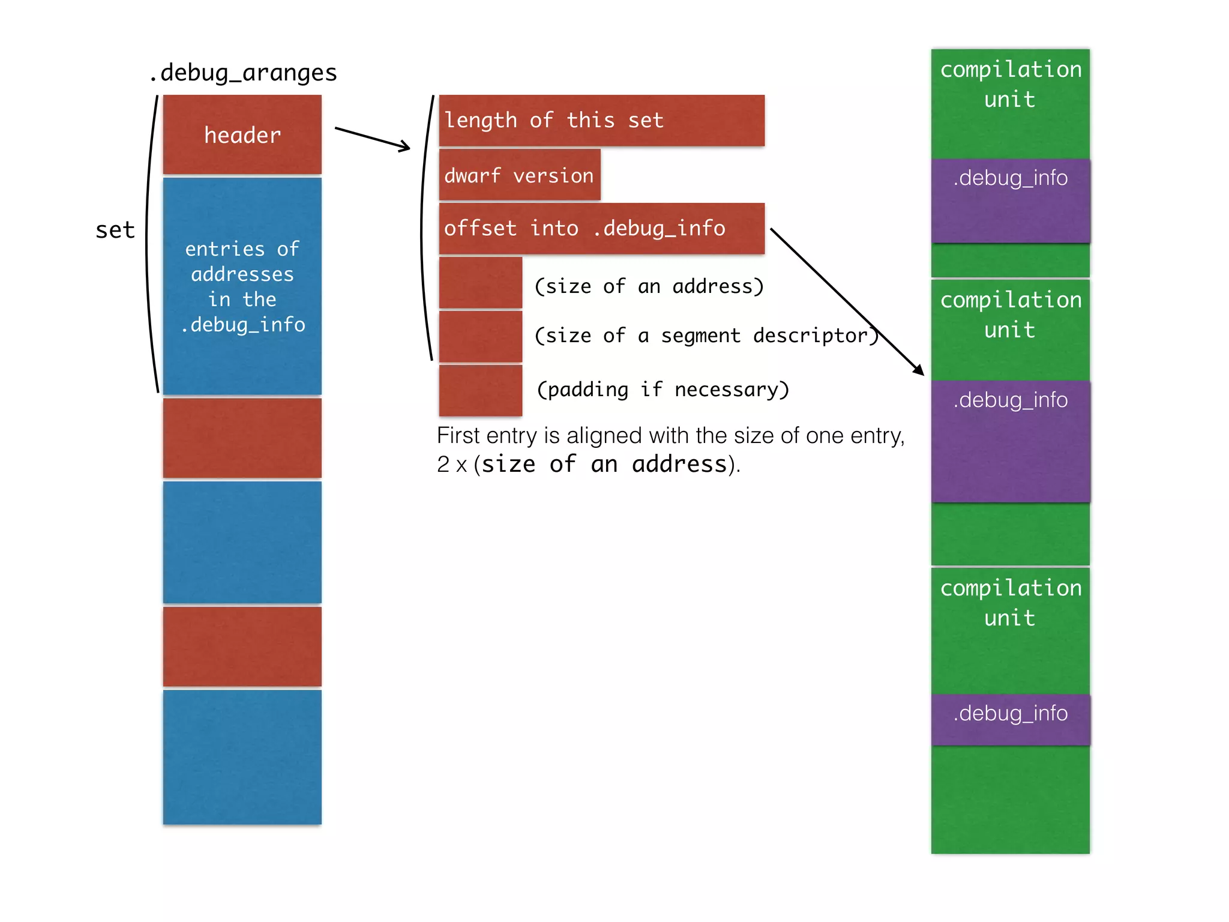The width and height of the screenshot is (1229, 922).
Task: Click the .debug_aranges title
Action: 243,73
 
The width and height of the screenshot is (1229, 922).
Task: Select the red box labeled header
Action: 242,134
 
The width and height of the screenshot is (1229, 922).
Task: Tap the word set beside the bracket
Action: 115,230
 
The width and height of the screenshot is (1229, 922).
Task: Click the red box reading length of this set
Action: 601,120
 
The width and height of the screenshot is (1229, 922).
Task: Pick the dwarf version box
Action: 519,175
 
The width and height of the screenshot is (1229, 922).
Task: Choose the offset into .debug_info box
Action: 601,228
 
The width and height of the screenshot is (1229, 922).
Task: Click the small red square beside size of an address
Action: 480,283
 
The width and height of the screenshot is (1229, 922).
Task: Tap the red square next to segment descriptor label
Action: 480,336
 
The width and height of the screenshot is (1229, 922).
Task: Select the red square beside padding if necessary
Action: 480,390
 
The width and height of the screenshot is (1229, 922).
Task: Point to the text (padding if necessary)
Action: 663,390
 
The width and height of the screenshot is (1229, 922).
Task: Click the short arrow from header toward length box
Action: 372,138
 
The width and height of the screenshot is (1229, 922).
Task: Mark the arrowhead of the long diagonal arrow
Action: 919,370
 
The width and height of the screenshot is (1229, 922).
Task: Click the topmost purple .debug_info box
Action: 1011,200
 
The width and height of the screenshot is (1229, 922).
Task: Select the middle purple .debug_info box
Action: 1011,441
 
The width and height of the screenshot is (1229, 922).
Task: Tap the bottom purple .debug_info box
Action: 1011,719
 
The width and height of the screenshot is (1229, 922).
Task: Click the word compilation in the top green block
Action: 1011,70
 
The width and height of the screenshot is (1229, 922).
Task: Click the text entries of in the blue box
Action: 242,249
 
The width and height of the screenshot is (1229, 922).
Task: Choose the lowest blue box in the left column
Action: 242,756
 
